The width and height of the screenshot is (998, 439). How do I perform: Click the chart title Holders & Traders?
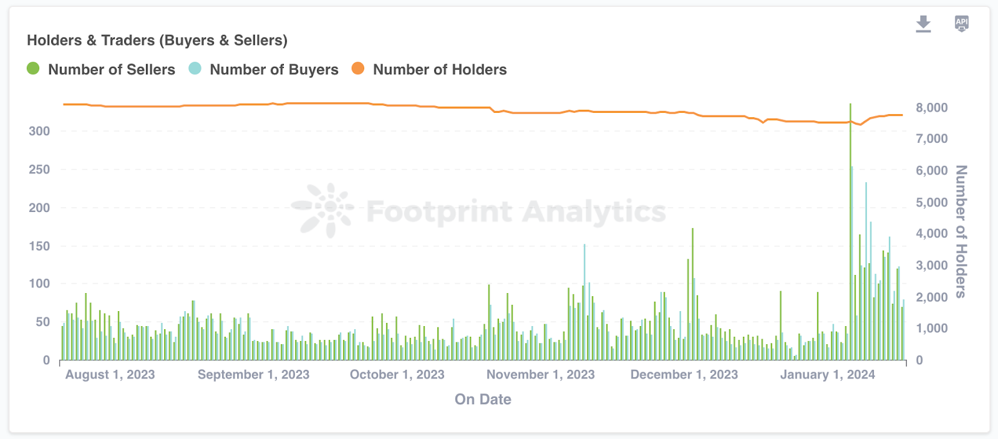pos(157,41)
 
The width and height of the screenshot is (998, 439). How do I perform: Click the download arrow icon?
pos(923,24)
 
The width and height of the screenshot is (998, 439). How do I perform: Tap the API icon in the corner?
pos(962,24)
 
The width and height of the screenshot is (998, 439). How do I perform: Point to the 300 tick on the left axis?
pos(39,132)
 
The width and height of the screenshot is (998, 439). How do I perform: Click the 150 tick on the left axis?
pos(39,246)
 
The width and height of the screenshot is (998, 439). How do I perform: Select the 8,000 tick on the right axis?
pos(931,108)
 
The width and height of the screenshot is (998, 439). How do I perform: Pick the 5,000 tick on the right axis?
pos(931,203)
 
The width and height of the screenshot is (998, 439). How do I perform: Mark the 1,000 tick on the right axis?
pos(931,329)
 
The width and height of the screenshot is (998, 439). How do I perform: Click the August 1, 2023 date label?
pos(110,375)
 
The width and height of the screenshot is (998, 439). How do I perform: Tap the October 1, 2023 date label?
pos(397,375)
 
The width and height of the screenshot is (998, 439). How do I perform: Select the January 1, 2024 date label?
pos(827,375)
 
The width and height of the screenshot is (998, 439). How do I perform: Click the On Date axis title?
pos(483,400)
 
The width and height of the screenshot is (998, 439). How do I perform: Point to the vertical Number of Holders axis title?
pos(961,231)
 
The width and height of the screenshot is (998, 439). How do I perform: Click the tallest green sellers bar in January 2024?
pos(850,231)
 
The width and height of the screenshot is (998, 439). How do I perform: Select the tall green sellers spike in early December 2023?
pos(692,293)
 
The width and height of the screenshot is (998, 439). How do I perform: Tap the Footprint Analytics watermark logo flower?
pos(325,210)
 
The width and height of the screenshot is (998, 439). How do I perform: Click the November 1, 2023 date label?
pos(540,375)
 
